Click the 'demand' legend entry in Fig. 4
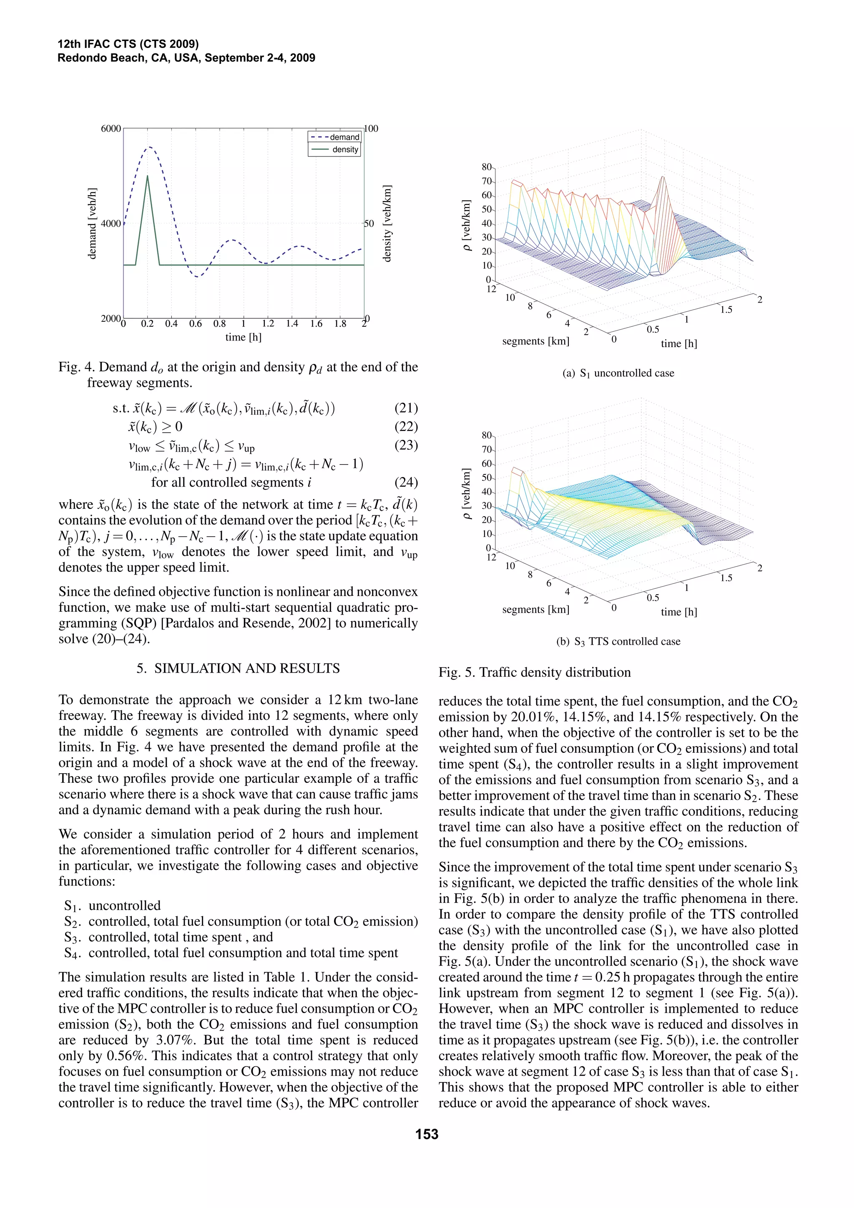click(344, 137)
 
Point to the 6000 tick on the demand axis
click(111, 129)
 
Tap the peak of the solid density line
click(148, 176)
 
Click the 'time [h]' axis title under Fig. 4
click(243, 337)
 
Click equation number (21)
click(405, 408)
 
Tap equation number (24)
click(405, 482)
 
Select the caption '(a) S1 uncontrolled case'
click(618, 373)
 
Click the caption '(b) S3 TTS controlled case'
click(618, 641)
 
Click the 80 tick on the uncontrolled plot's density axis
click(487, 167)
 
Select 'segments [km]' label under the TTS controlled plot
click(535, 609)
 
